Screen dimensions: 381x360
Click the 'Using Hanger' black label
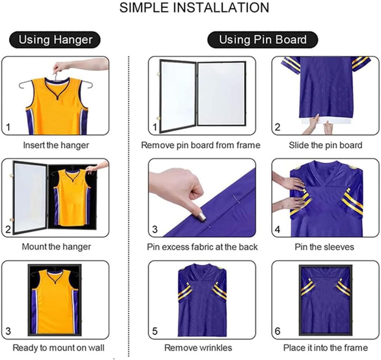[x=55, y=40]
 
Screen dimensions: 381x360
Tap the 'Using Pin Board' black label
[x=263, y=40]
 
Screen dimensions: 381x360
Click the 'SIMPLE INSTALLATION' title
[x=194, y=7]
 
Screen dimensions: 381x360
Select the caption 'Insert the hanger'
[x=56, y=145]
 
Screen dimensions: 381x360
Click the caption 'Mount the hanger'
[x=56, y=247]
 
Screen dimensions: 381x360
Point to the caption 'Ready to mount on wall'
[x=58, y=348]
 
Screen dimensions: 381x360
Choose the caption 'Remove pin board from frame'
[x=201, y=145]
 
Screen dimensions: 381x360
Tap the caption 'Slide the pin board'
[x=325, y=145]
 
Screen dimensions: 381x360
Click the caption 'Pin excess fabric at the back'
[x=202, y=247]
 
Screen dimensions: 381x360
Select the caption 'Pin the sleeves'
[x=324, y=247]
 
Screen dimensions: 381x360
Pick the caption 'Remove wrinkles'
[x=198, y=348]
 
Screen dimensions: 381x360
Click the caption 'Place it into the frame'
[x=325, y=348]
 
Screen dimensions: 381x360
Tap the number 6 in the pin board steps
[x=277, y=331]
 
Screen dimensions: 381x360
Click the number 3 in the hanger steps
[x=8, y=331]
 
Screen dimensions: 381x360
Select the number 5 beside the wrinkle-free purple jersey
[x=155, y=331]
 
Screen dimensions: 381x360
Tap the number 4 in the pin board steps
[x=277, y=229]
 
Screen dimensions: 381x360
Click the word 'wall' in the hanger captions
[x=97, y=348]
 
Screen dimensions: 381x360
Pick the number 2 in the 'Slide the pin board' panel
[x=277, y=127]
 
